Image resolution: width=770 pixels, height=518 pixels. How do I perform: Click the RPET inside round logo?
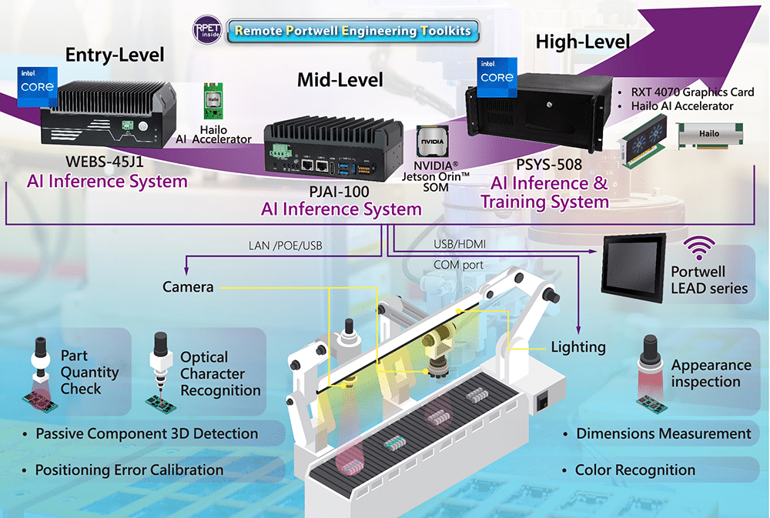pyautogui.click(x=206, y=31)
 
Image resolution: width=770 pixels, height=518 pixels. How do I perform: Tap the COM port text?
pyautogui.click(x=457, y=265)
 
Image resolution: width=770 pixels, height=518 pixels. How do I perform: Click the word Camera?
pyautogui.click(x=188, y=287)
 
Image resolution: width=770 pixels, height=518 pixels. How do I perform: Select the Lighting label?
pyautogui.click(x=577, y=347)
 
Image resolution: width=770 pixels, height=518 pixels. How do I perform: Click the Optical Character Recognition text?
pyautogui.click(x=220, y=374)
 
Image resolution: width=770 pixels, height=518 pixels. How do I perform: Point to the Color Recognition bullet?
pyautogui.click(x=634, y=470)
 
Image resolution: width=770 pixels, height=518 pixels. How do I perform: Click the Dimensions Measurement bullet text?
pyautogui.click(x=663, y=434)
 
